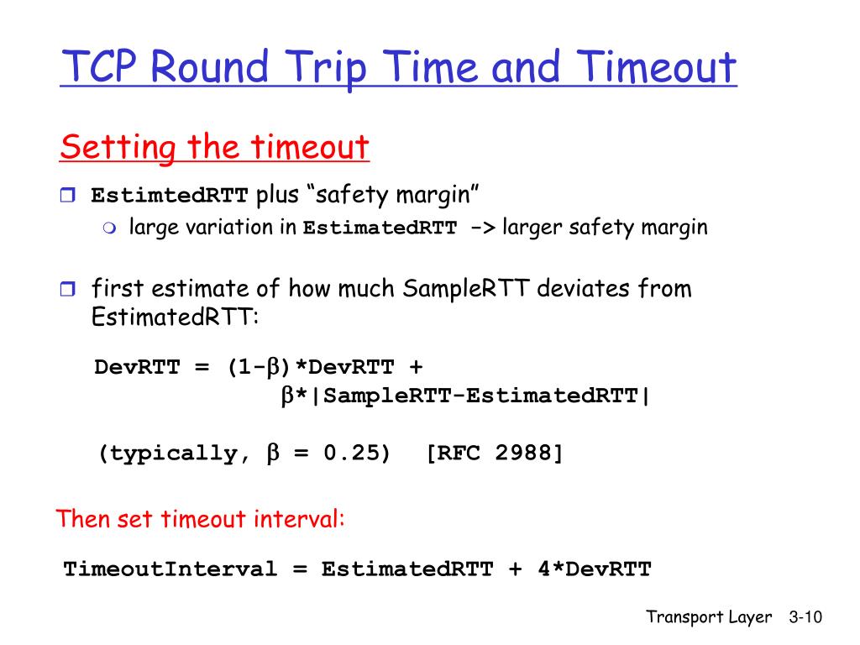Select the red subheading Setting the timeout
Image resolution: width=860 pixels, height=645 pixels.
(214, 148)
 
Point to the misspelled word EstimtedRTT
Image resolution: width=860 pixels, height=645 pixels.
(170, 197)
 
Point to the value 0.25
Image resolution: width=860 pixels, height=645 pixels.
(356, 454)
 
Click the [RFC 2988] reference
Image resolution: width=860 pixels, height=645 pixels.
(494, 454)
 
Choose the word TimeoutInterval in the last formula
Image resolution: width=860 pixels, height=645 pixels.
(170, 569)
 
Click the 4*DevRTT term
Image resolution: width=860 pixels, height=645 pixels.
(594, 569)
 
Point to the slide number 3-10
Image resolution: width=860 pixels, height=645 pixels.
(805, 617)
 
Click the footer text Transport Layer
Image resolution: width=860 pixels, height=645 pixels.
(708, 617)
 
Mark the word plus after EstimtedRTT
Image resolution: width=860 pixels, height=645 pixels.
(276, 197)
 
